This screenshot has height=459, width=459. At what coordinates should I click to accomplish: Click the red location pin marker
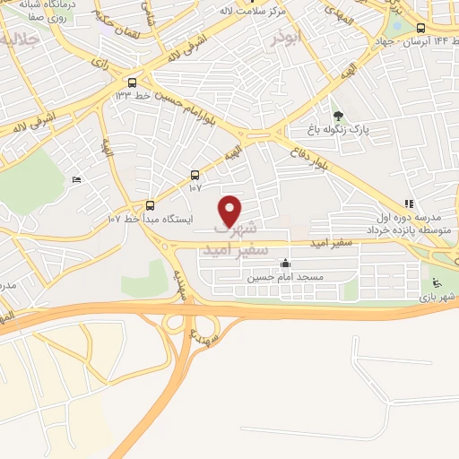(231, 212)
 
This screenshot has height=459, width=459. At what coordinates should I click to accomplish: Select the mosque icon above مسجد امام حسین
(285, 264)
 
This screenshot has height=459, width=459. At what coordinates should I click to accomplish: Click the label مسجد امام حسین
(285, 278)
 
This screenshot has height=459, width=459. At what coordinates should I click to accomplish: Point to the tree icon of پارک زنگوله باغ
(338, 116)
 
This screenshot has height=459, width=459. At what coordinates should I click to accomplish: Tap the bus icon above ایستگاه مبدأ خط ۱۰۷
(150, 204)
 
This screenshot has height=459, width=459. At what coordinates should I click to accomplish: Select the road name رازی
(98, 62)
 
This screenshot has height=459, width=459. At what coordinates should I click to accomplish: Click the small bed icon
(76, 179)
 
